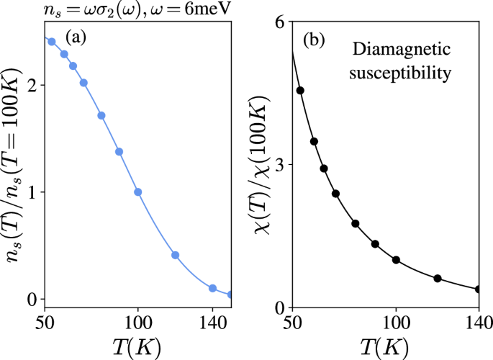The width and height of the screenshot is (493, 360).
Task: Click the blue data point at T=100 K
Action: tap(138, 192)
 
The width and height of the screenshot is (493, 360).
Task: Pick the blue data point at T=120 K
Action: tap(175, 256)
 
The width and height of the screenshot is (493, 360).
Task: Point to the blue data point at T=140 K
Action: tap(213, 288)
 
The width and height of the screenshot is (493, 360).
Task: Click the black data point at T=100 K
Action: tap(396, 260)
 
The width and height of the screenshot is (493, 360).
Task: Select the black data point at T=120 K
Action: tap(438, 278)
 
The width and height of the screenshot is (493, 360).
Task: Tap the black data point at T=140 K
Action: tap(479, 289)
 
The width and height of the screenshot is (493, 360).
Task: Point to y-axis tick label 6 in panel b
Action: tap(279, 22)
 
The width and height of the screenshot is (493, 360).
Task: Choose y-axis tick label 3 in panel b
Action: tap(279, 165)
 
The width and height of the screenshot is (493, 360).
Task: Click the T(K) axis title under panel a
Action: tap(137, 343)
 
